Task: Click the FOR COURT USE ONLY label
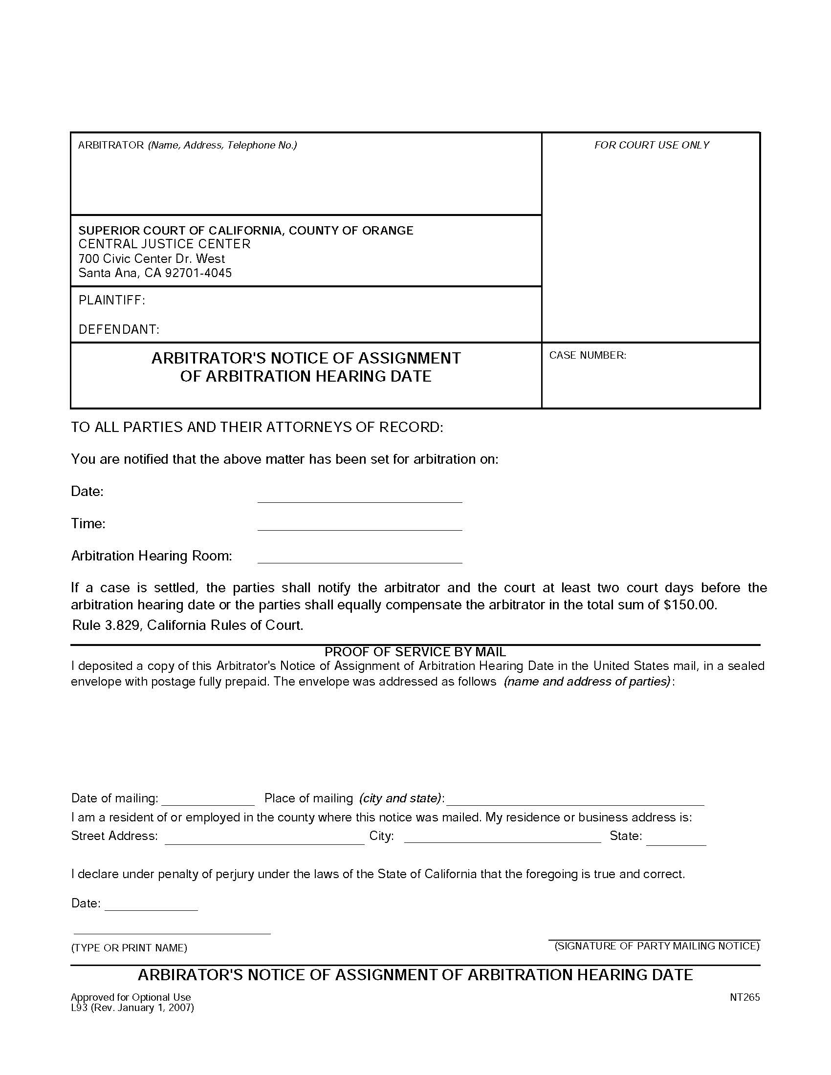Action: point(651,145)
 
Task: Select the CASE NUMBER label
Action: point(587,355)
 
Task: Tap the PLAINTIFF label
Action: point(112,300)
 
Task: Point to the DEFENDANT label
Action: point(119,329)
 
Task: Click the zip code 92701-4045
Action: point(198,273)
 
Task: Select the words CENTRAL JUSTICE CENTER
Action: point(164,244)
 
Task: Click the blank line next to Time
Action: point(359,525)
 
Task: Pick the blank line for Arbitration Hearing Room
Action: point(359,557)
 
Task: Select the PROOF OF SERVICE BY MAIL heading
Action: point(415,652)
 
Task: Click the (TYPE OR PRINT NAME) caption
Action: point(129,947)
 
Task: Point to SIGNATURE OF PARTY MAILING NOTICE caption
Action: point(656,946)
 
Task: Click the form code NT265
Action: point(745,997)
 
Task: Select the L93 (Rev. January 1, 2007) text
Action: point(132,1008)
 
